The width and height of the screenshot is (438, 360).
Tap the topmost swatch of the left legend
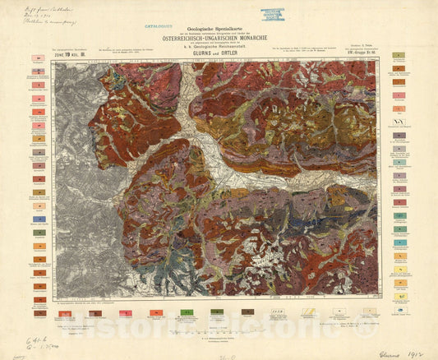38,59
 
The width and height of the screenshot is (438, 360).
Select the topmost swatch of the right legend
398,56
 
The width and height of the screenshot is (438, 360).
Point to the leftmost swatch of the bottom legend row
38,312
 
